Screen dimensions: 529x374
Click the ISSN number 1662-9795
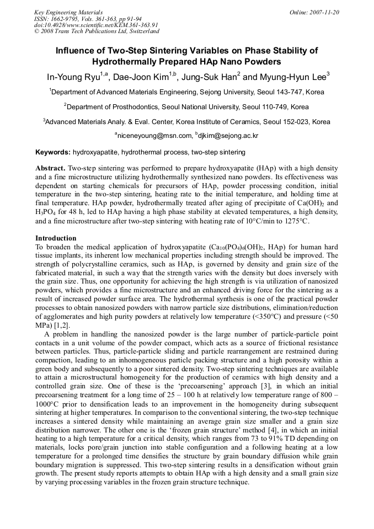[x=63, y=19]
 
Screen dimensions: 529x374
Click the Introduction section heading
[x=55, y=238]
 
